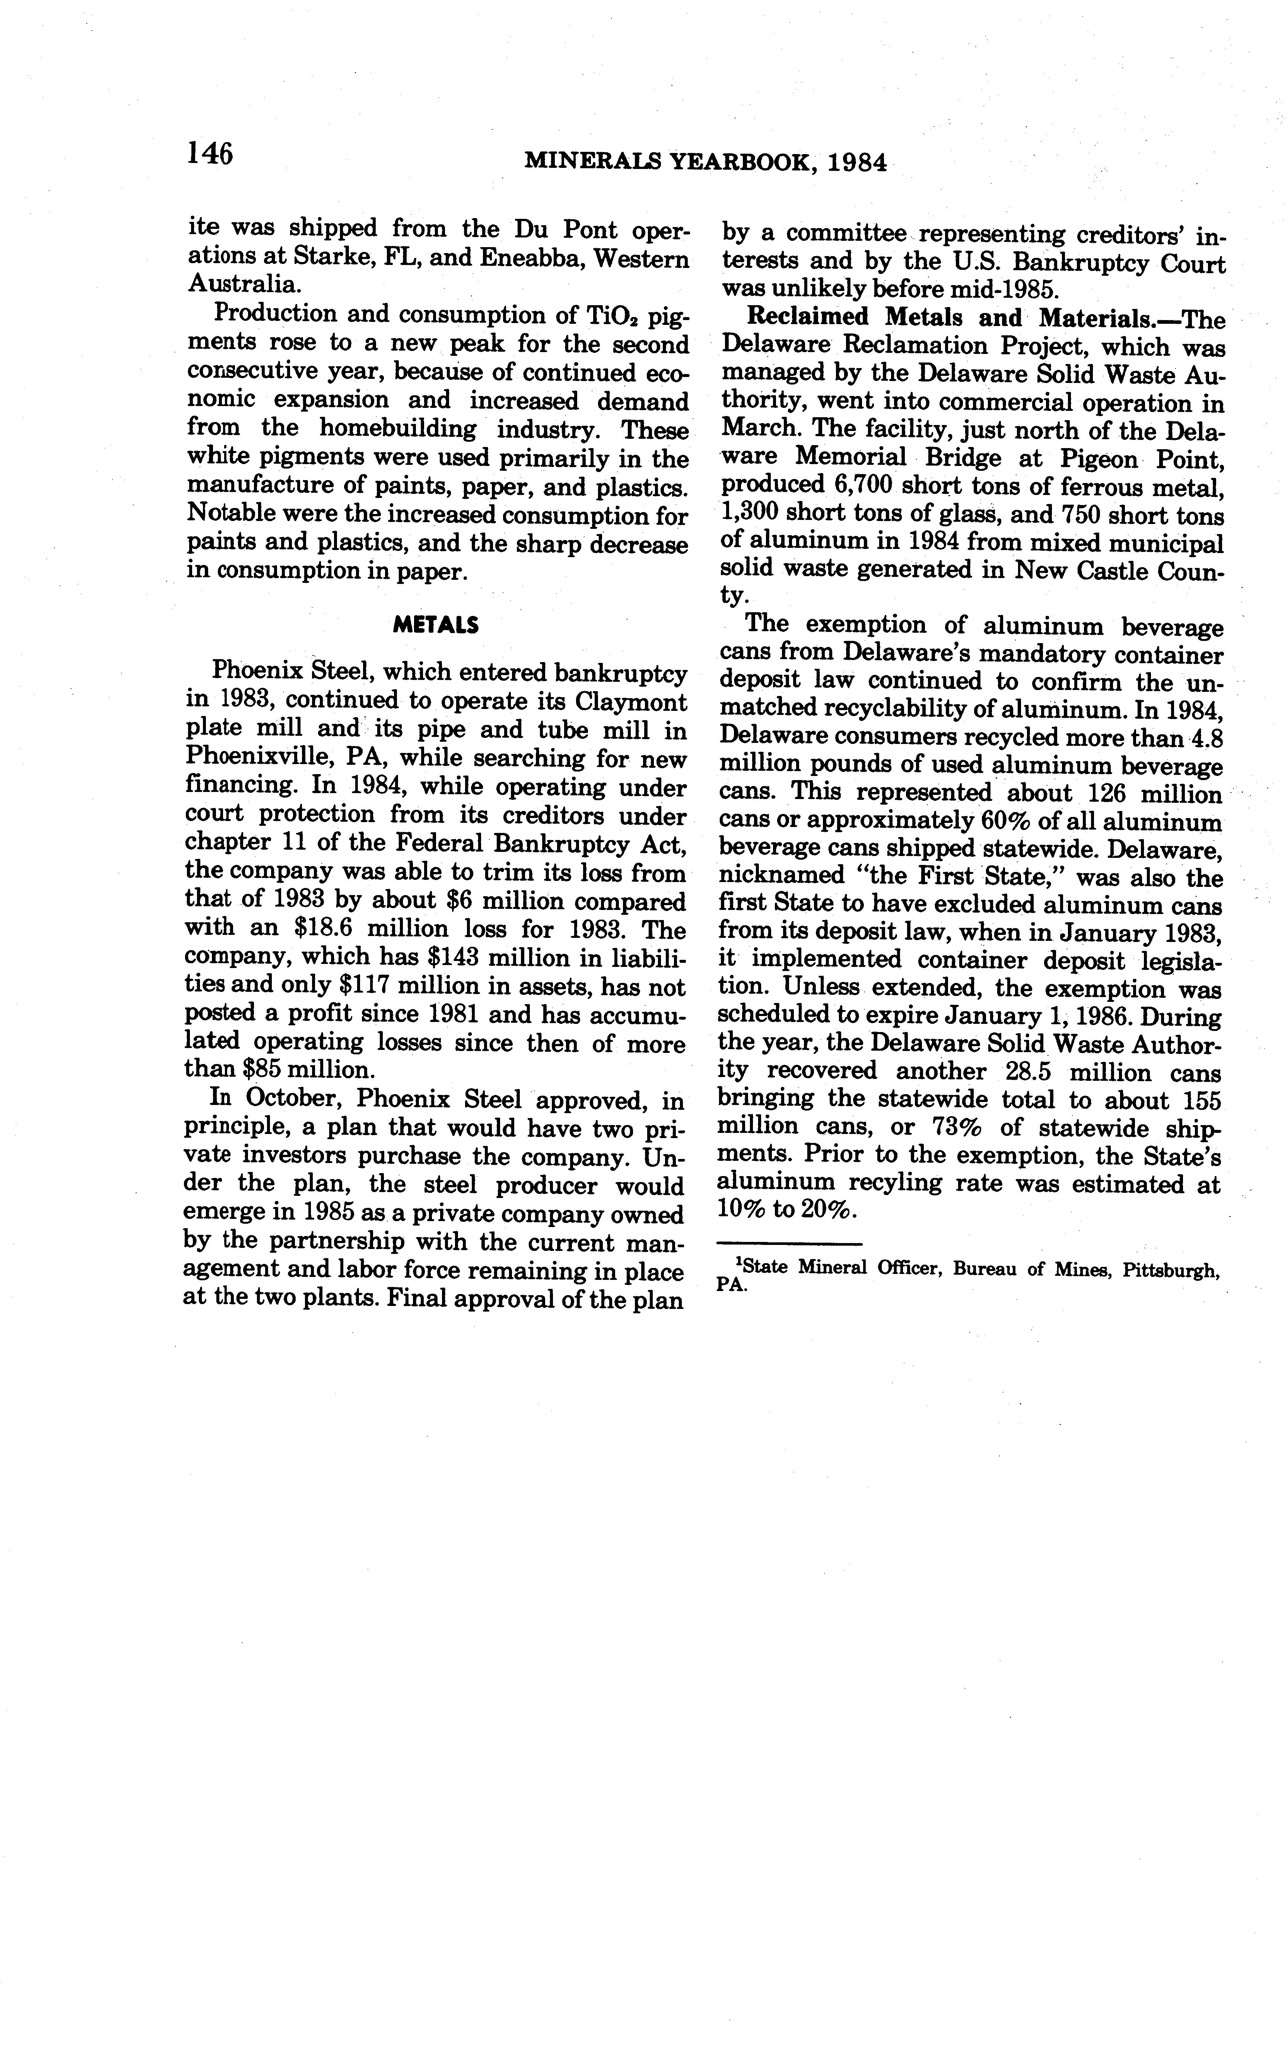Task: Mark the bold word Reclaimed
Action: click(808, 317)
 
